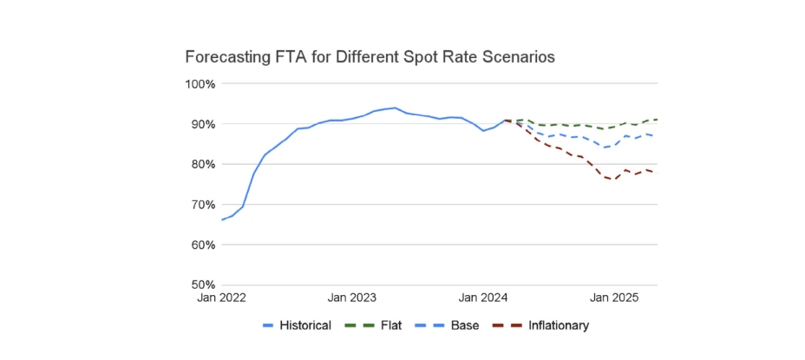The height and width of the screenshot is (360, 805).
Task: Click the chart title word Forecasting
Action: point(228,57)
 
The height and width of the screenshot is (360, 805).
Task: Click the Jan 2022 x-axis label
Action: point(221,298)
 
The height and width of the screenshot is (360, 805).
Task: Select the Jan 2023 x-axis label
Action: point(352,298)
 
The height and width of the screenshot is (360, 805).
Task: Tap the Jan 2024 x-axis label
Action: point(483,298)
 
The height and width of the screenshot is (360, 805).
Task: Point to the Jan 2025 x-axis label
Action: point(614,298)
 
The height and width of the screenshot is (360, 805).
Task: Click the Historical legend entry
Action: point(297,325)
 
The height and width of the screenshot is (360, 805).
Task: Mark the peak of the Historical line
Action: point(396,108)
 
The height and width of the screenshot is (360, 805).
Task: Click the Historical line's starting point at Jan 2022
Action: point(222,219)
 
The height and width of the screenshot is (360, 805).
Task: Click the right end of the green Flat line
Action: point(657,119)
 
